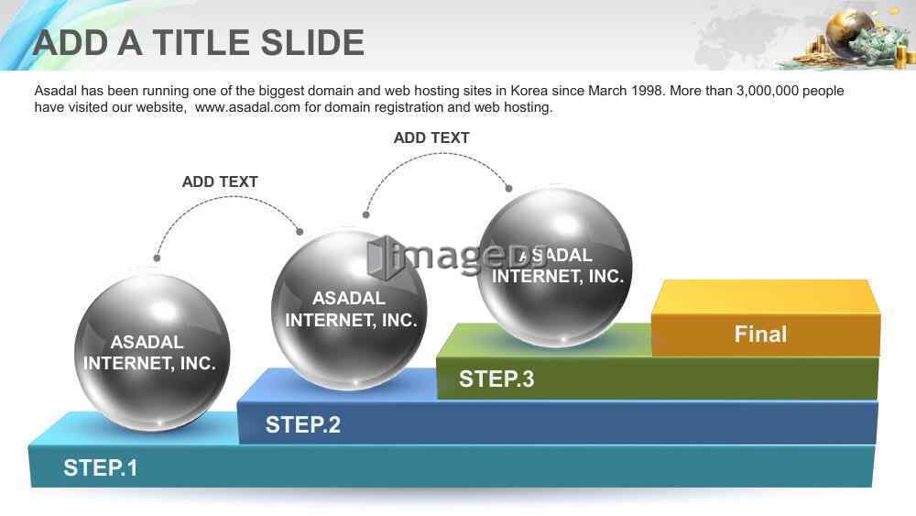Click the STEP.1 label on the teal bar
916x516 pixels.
pos(101,468)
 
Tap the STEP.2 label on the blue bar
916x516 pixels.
pos(302,425)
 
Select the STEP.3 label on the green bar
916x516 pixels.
pos(496,379)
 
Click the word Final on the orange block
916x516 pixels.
pos(760,335)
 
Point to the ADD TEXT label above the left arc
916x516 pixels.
pos(220,181)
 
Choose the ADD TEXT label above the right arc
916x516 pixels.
pos(431,137)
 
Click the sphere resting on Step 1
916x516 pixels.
pos(152,352)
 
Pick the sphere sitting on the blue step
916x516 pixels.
pos(349,309)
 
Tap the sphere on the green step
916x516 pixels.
pos(554,267)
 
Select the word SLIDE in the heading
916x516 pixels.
pos(312,43)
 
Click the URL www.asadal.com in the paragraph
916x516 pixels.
pos(247,107)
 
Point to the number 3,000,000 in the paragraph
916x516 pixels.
pos(768,91)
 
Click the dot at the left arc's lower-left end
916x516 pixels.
pos(157,258)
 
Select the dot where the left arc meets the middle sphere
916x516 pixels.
pos(300,232)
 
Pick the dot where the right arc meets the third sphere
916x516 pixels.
pos(508,188)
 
